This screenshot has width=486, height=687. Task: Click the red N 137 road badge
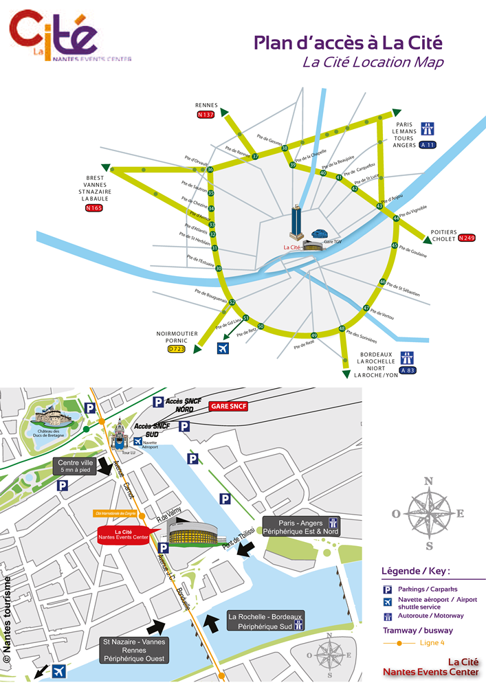pos(206,114)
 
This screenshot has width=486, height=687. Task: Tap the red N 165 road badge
pos(93,207)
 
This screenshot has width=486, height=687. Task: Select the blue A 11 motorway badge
pos(428,145)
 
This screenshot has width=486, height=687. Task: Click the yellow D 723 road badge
pos(177,348)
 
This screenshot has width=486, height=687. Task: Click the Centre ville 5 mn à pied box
pos(75,466)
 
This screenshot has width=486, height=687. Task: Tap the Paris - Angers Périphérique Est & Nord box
pos(300,526)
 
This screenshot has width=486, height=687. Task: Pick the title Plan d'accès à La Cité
pos(348,43)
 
